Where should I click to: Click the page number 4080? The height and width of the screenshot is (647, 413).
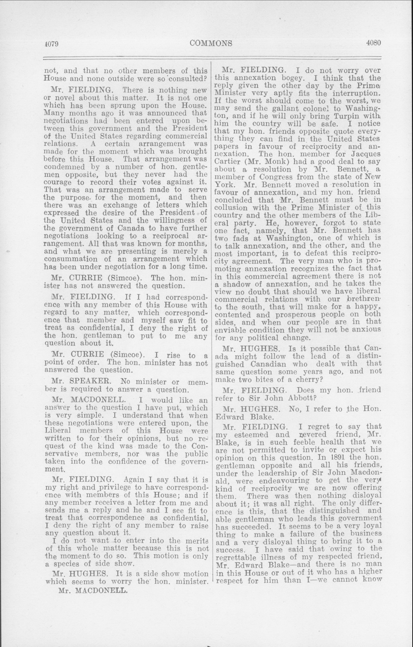pos(373,43)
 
